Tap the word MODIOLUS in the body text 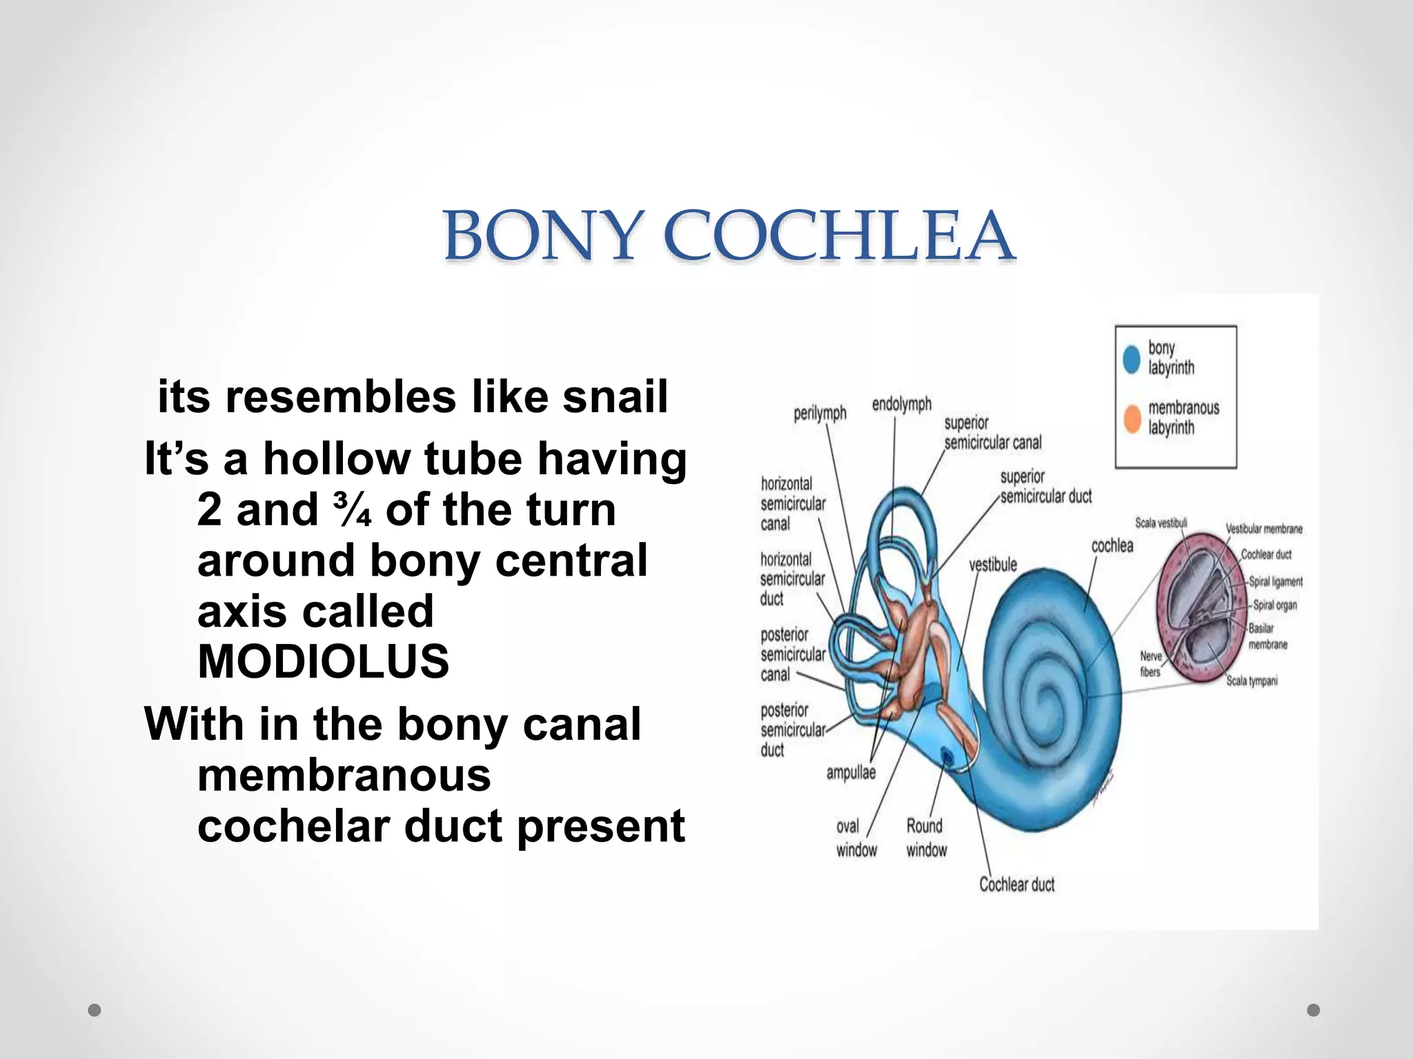pyautogui.click(x=323, y=661)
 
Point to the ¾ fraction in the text pyautogui.click(x=352, y=510)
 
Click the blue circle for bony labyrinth pyautogui.click(x=1132, y=359)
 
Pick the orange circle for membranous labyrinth pyautogui.click(x=1132, y=418)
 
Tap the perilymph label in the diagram pyautogui.click(x=820, y=413)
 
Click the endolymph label pyautogui.click(x=901, y=404)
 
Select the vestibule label pyautogui.click(x=993, y=565)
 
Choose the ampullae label pyautogui.click(x=851, y=772)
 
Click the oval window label pyautogui.click(x=856, y=838)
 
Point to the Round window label pyautogui.click(x=926, y=838)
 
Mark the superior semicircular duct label pyautogui.click(x=1045, y=486)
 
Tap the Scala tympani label pyautogui.click(x=1252, y=681)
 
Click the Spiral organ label pyautogui.click(x=1275, y=605)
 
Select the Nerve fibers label pyautogui.click(x=1151, y=664)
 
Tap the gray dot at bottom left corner pyautogui.click(x=95, y=1010)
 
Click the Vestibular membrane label pyautogui.click(x=1264, y=529)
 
